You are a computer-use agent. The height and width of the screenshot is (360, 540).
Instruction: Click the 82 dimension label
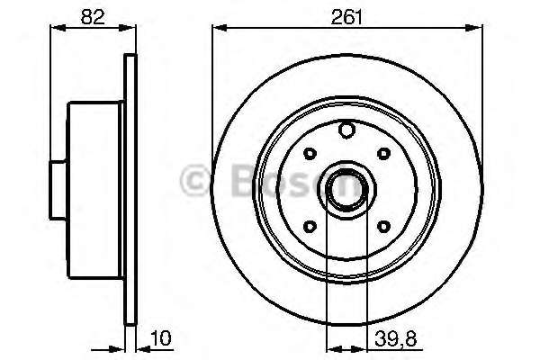[x=93, y=16]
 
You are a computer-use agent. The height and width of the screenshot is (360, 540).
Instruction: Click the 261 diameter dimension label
[x=346, y=16]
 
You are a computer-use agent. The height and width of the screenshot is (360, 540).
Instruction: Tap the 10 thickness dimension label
[x=161, y=338]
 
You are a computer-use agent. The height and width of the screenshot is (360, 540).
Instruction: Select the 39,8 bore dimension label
[x=396, y=339]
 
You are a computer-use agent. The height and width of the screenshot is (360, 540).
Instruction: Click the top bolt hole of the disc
[x=346, y=130]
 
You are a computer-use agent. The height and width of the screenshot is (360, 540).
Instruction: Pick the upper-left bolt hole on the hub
[x=310, y=153]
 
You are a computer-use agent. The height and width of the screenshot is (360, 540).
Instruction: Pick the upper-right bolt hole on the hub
[x=383, y=153]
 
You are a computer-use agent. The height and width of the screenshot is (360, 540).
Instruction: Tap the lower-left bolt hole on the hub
[x=310, y=226]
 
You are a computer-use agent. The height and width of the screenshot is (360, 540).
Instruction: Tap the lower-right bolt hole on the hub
[x=383, y=226]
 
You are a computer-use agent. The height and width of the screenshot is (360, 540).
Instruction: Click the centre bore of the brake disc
[x=346, y=189]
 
